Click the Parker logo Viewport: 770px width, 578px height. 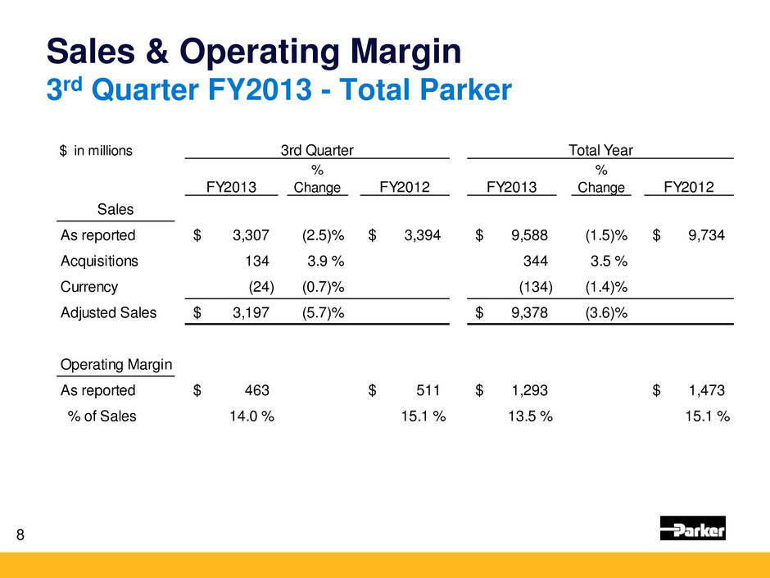pos(692,530)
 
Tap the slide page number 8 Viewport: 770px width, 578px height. pos(20,535)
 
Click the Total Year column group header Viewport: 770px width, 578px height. pos(600,149)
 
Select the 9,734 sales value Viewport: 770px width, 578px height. pos(706,236)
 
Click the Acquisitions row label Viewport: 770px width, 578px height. pos(99,262)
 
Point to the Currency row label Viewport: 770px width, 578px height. pos(89,287)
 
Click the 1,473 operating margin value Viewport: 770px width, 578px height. pos(706,390)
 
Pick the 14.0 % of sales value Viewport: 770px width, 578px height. pos(251,416)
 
